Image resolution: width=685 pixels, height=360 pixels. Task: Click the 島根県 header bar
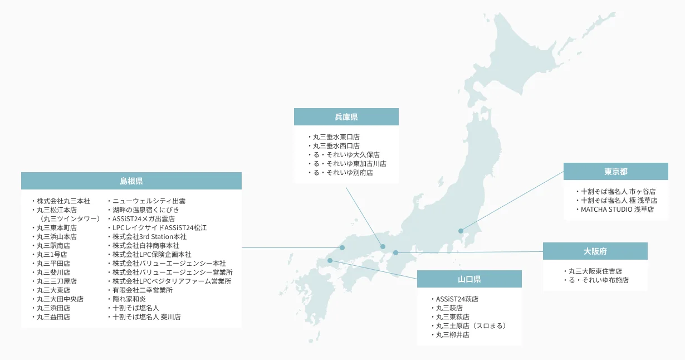coord(131,181)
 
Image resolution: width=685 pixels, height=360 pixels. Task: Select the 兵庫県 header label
coord(346,117)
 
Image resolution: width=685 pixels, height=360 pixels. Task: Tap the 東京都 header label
coord(615,172)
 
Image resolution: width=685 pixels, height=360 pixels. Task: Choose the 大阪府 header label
coord(595,251)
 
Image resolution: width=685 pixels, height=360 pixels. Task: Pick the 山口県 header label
coord(469,279)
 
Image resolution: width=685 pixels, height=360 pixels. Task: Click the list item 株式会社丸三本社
coord(63,201)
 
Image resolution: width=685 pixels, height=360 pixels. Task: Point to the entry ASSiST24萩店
coord(457,299)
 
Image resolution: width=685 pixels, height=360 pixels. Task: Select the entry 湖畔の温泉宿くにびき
coord(145,210)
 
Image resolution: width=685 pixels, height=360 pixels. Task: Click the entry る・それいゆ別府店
coord(342,173)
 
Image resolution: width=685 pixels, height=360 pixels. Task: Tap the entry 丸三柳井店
coord(452,335)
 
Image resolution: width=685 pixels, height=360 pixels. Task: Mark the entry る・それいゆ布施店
coord(598,280)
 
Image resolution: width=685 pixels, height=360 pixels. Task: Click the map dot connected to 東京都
coord(461,231)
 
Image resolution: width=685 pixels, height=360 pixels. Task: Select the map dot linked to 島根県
coord(342,247)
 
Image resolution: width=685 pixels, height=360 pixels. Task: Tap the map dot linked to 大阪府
coord(395,253)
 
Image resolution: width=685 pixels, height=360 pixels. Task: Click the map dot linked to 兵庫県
coord(383,246)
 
